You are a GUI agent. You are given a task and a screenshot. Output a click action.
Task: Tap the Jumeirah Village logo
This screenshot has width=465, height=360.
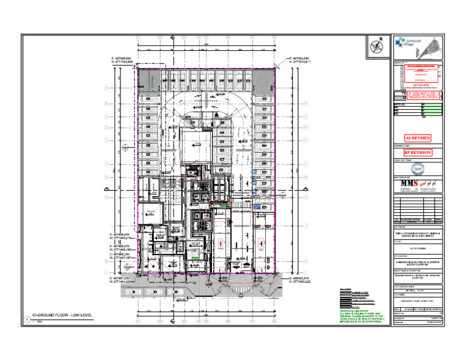(406, 43)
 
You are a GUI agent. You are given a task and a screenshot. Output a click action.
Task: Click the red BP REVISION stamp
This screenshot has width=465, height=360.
(418, 153)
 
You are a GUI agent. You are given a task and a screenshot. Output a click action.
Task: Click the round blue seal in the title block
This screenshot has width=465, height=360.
(418, 169)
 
